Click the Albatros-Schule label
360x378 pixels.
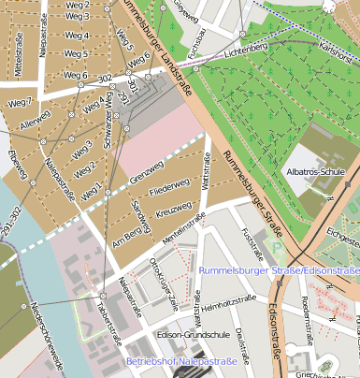tap(316, 173)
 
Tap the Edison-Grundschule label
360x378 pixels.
tap(187, 335)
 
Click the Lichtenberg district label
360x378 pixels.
tap(245, 45)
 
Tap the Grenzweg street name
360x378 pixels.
tap(148, 173)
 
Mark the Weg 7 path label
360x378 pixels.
tap(18, 102)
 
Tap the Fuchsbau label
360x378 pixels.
tap(195, 49)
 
